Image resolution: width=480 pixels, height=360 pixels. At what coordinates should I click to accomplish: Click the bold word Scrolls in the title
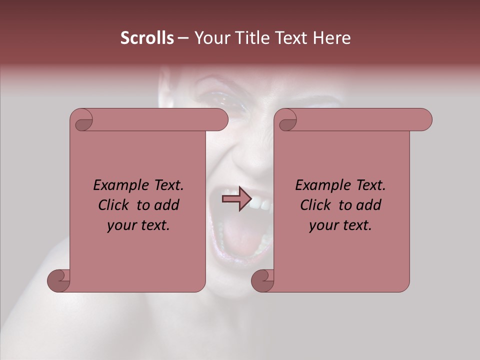(147, 38)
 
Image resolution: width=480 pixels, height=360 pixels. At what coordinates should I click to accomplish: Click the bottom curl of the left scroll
(59, 280)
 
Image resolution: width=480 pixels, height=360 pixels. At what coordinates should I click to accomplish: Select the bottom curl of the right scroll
(263, 280)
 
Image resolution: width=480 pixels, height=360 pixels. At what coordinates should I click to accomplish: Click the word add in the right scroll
(369, 205)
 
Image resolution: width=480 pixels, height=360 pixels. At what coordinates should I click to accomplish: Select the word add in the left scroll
(167, 205)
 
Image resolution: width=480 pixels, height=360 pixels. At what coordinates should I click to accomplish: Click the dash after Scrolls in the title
(183, 38)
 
